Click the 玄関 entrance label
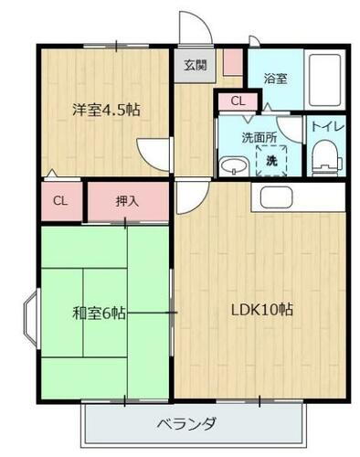(194, 65)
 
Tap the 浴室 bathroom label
(276, 78)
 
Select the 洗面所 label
(258, 138)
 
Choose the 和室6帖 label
(98, 313)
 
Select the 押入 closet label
(128, 201)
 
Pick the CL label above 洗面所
(238, 102)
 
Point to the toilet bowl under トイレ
(323, 163)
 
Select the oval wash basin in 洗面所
(234, 166)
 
